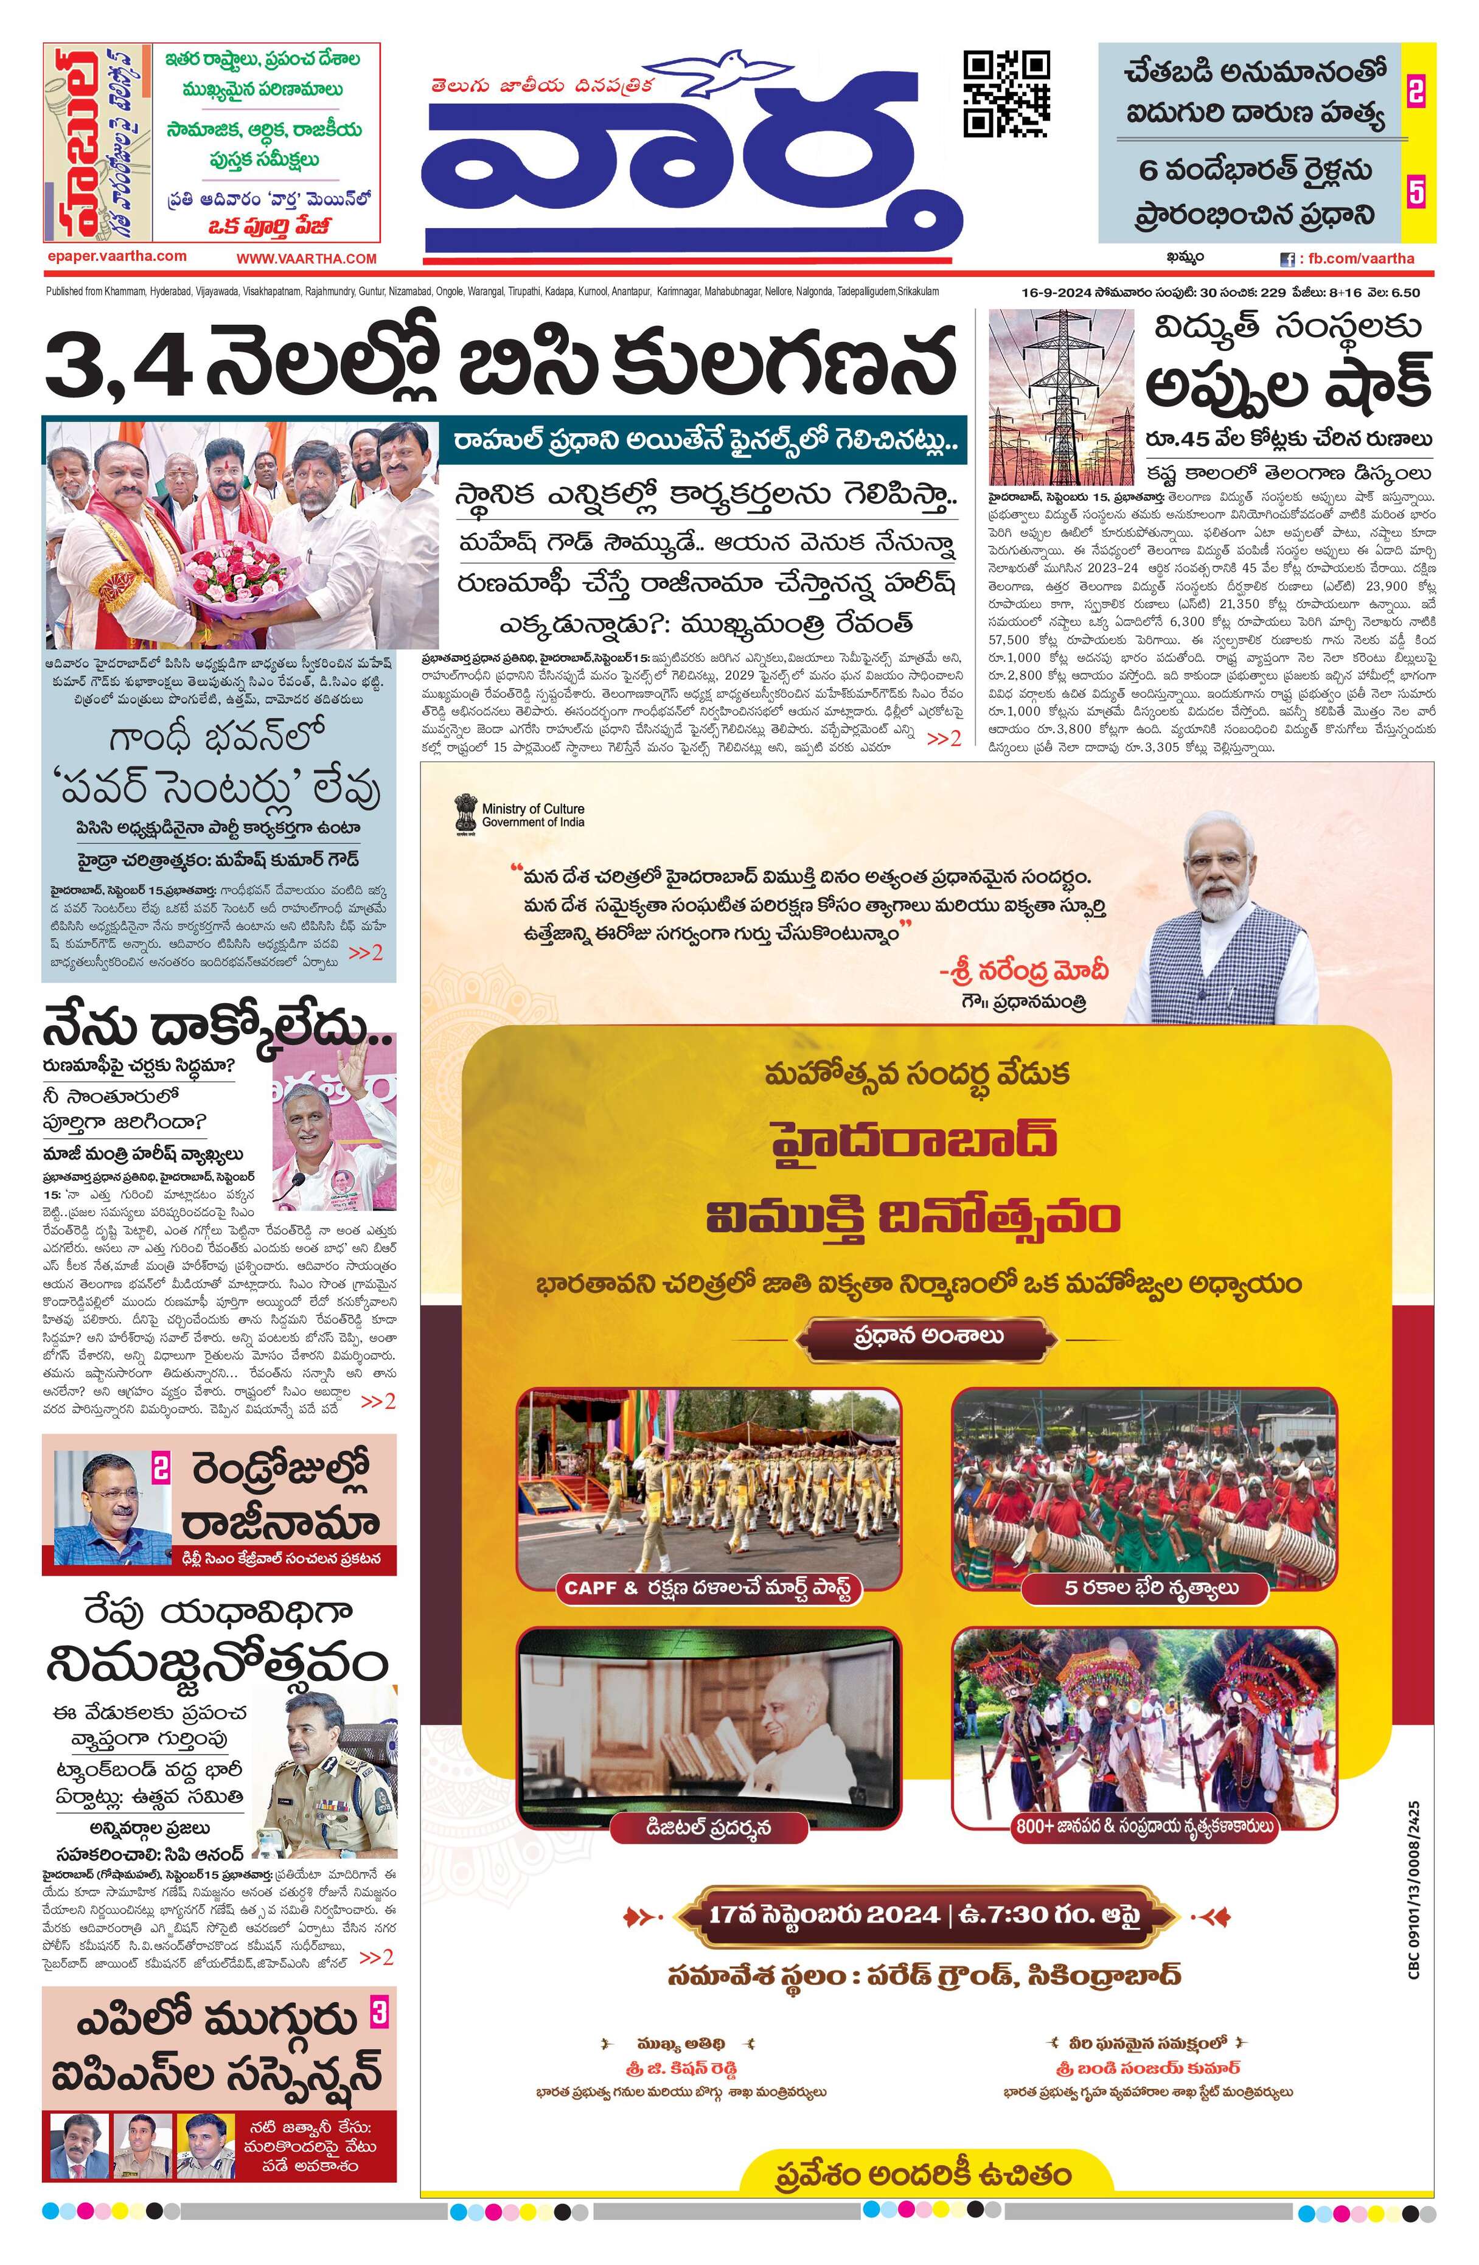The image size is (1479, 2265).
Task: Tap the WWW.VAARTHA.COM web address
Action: pyautogui.click(x=307, y=258)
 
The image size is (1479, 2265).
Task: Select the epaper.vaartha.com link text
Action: pyautogui.click(x=116, y=256)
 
